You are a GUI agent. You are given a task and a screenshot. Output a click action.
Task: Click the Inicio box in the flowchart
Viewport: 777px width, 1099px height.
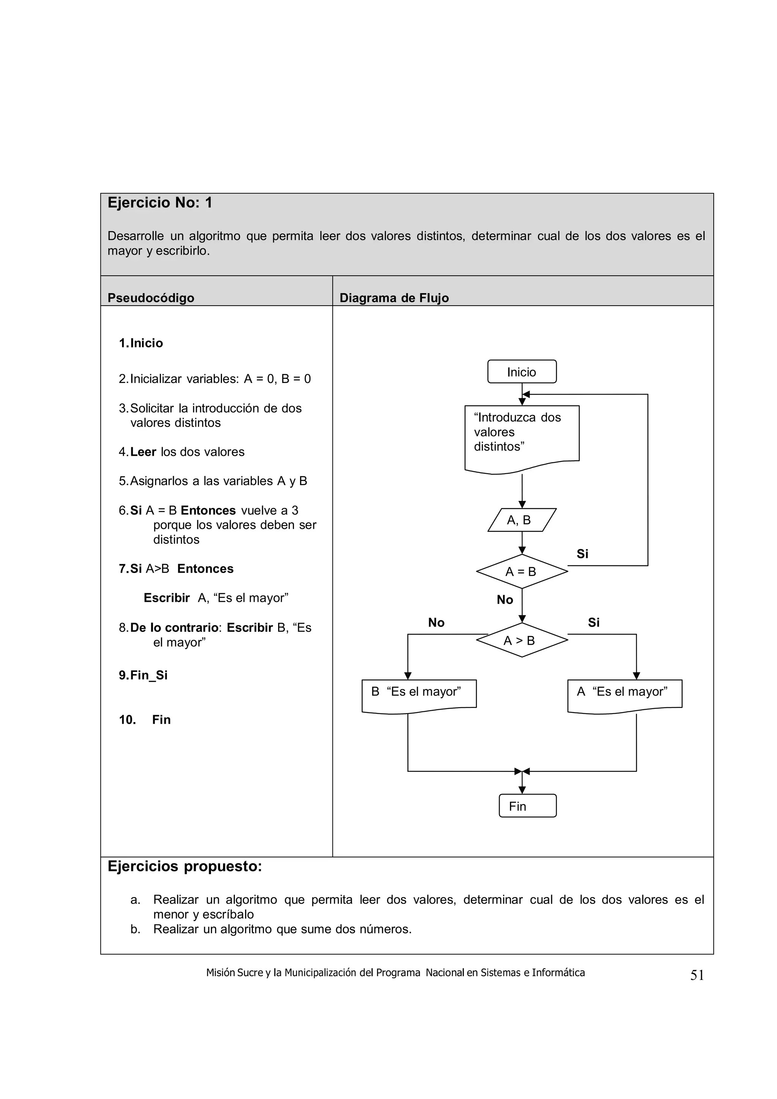coord(521,371)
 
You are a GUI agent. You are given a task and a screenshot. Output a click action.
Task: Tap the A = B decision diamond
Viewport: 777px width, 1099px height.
coord(521,571)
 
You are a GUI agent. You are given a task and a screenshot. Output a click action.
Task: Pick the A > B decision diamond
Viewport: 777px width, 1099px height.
coord(521,640)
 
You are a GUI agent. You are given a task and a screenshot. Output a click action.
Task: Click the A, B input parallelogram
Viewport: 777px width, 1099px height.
coord(521,520)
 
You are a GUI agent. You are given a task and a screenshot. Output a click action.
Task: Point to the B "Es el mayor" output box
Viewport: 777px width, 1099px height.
coord(418,694)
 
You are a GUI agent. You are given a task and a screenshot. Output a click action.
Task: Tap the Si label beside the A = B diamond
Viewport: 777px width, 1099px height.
coord(582,554)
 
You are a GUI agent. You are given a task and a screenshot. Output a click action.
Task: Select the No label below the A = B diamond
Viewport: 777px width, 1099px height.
coord(505,600)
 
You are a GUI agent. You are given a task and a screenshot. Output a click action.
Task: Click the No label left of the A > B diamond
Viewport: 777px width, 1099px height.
coord(436,623)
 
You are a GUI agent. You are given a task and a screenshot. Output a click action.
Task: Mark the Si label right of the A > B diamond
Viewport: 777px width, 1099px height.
coord(594,623)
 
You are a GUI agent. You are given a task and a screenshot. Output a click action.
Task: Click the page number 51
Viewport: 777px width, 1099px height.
coord(697,975)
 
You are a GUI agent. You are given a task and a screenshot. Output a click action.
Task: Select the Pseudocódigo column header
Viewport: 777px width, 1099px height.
coord(151,298)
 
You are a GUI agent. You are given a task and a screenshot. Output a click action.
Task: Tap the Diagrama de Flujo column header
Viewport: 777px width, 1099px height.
coord(394,298)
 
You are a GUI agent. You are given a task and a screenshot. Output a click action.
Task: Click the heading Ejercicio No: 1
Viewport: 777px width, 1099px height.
coord(160,203)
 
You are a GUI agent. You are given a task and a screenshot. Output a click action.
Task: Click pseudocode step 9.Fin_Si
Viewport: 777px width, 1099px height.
coord(143,675)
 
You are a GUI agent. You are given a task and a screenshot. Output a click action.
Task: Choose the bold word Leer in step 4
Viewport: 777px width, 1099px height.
coord(143,452)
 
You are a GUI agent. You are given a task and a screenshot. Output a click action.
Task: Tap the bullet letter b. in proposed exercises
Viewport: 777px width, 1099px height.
coord(135,929)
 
